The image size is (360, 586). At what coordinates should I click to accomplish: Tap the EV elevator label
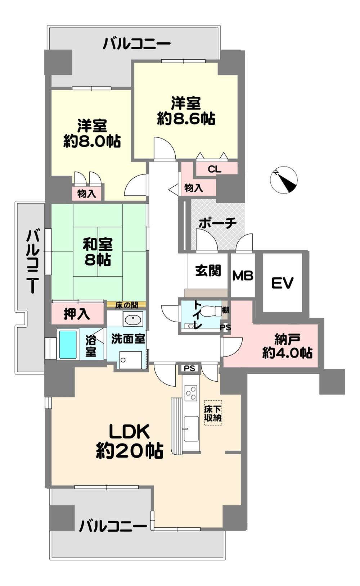(x=282, y=283)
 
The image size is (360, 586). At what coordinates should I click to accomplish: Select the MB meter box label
(x=243, y=276)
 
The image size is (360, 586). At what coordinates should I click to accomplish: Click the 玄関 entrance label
(x=208, y=270)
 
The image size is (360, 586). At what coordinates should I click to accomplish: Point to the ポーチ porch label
(x=217, y=223)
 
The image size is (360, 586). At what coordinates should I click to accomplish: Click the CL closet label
(x=215, y=169)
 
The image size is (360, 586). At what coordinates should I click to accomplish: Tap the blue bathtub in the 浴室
(x=68, y=345)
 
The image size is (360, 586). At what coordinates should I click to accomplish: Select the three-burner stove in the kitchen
(x=191, y=392)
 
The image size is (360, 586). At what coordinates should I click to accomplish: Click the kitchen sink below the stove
(x=191, y=428)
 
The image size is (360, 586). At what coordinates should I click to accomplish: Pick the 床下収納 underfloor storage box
(x=213, y=413)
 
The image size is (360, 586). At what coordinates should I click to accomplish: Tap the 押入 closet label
(x=77, y=314)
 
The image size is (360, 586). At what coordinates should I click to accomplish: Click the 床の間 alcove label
(x=126, y=305)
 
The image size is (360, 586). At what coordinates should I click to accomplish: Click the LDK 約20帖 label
(x=130, y=441)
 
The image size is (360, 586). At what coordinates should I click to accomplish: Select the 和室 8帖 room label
(x=98, y=252)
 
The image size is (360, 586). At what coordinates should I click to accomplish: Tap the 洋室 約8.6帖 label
(x=186, y=111)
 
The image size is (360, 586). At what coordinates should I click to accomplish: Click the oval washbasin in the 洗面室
(x=133, y=319)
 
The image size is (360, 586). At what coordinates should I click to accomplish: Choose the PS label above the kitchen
(x=190, y=368)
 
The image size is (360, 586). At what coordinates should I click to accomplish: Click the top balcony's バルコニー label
(x=136, y=44)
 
